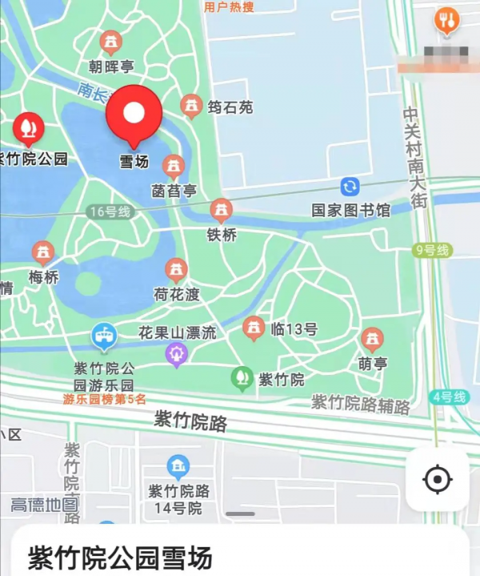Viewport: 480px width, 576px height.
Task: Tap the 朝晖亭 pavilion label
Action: [111, 66]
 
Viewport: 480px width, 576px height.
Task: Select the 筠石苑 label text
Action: [230, 106]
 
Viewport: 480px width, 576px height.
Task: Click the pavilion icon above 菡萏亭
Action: [174, 167]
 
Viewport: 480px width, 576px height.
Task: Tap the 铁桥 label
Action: [222, 235]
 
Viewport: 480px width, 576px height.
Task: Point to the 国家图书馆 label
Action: [350, 211]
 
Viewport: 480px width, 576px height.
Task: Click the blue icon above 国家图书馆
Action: [350, 187]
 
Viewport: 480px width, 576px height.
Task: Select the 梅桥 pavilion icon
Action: [43, 253]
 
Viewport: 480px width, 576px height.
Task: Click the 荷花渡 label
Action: [177, 294]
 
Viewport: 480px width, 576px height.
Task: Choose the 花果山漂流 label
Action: [177, 332]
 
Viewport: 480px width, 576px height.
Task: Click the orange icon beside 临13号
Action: [254, 328]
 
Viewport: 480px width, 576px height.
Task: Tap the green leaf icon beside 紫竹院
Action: [241, 377]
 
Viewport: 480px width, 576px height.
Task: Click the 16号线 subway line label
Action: [110, 211]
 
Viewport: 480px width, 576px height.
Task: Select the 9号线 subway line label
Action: [433, 251]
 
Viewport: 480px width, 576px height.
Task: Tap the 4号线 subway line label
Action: [449, 397]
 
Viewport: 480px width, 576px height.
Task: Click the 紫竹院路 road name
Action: [190, 421]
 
